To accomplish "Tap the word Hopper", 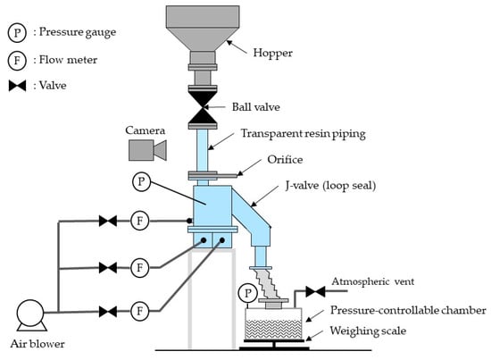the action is click(273, 53).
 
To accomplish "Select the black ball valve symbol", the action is click(203, 107).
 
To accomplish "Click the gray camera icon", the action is click(147, 150).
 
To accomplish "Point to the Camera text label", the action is click(145, 130).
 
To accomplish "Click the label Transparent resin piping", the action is click(304, 134).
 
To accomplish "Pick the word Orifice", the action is click(285, 160).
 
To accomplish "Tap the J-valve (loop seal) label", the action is click(330, 186).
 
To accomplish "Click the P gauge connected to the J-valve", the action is click(142, 181).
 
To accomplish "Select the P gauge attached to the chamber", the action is click(247, 294).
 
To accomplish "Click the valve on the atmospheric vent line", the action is click(315, 292).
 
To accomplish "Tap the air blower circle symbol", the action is click(30, 314).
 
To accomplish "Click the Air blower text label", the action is click(37, 344).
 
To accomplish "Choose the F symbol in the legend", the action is click(17, 60).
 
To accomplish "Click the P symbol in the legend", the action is click(17, 32).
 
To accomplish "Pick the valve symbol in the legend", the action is click(17, 86).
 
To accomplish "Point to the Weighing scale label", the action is click(368, 331).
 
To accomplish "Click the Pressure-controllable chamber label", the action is click(408, 310).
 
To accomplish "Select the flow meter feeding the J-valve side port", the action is click(139, 221).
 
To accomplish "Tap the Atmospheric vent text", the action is click(373, 281).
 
